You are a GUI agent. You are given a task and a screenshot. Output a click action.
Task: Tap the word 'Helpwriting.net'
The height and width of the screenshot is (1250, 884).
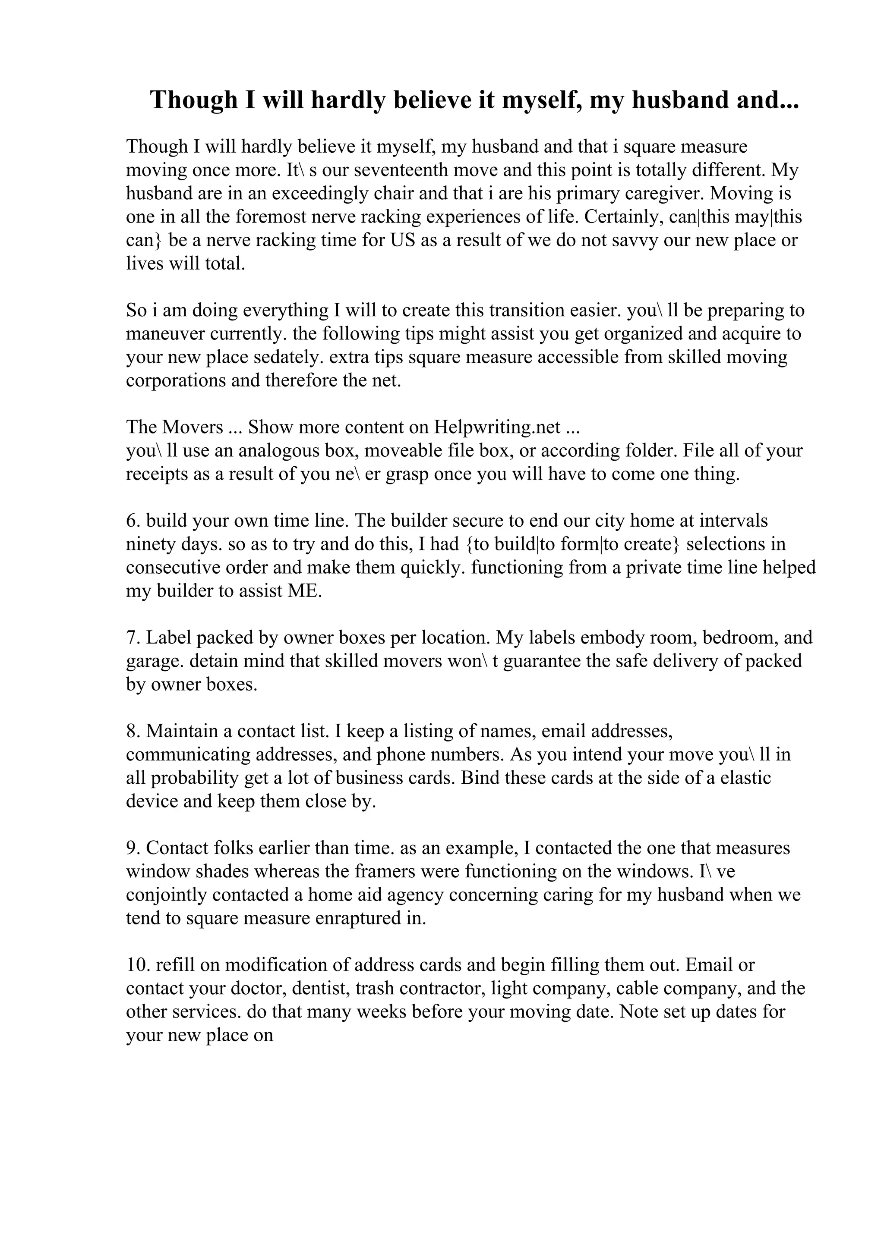(x=497, y=427)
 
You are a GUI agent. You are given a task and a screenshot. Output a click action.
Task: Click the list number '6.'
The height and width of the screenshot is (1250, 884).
(x=133, y=521)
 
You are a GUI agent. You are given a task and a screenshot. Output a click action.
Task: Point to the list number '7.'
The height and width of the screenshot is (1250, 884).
(x=133, y=638)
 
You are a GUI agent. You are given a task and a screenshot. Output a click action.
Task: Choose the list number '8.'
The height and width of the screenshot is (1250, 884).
(x=133, y=731)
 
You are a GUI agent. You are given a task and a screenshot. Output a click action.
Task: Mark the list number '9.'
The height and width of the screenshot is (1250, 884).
(x=133, y=848)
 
